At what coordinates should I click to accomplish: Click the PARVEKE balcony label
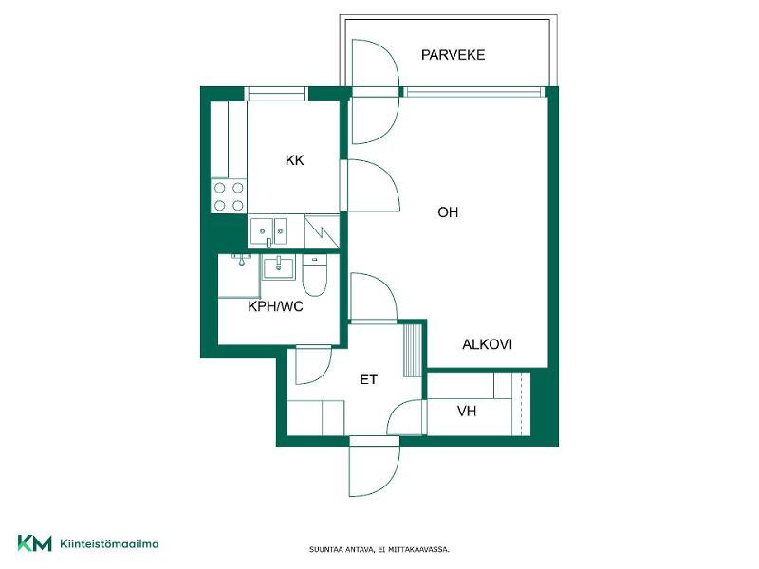453,55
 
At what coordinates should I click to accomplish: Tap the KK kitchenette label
294,160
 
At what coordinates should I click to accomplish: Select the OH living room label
448,211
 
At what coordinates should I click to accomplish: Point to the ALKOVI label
487,344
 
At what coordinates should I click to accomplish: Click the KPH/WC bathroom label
275,306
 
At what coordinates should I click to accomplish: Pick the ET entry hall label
368,379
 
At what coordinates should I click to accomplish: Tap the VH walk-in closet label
467,412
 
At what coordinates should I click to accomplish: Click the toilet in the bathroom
315,275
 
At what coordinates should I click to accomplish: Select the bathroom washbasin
278,267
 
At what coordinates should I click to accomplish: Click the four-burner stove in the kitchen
229,196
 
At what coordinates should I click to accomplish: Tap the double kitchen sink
268,231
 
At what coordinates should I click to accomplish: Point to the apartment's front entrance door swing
374,467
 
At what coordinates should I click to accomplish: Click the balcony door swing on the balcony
375,64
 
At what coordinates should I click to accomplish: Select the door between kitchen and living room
370,185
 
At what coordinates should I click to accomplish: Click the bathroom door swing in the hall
313,365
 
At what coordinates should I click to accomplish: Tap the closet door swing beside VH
407,417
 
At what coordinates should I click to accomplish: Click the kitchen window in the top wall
276,93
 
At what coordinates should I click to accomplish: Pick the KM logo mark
34,543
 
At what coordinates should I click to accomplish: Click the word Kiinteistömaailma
109,543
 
